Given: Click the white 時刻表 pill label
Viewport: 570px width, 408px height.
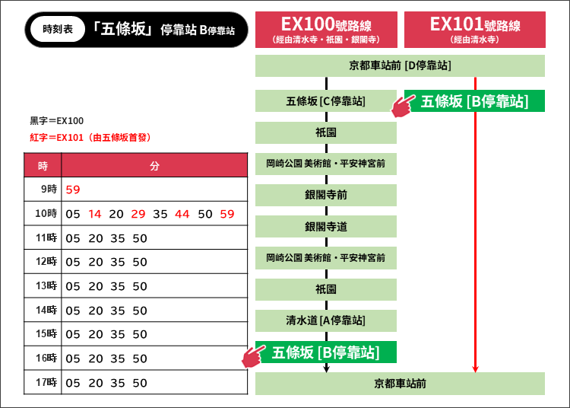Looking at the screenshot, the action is tap(58, 29).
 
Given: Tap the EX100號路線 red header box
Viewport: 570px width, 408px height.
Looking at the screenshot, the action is tap(326, 30).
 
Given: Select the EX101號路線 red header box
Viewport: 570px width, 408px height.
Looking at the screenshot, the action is tap(475, 30).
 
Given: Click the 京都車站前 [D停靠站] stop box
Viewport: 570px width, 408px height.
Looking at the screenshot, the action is tap(400, 65).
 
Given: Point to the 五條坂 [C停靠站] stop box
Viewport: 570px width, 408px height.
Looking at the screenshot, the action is tap(326, 100).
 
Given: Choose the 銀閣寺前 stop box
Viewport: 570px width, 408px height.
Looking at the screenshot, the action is tap(326, 195).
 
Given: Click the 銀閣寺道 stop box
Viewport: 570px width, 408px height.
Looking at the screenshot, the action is tap(326, 226).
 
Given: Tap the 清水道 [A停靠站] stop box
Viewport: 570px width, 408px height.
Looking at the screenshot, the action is tap(326, 320).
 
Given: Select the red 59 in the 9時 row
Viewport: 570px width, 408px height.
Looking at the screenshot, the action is tap(73, 190).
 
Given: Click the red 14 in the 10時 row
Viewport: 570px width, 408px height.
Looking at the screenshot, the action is tap(95, 214).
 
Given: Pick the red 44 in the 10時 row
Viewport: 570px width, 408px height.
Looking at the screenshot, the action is tap(182, 214).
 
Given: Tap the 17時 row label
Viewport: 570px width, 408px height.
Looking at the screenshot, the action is tap(46, 382).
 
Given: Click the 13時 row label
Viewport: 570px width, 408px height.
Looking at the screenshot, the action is tap(46, 285).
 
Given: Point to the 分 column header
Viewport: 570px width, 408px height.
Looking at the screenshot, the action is tap(154, 166).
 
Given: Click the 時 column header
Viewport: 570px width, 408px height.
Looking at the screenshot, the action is tap(43, 166).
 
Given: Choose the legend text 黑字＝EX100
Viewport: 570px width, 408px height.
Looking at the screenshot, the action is tap(57, 121).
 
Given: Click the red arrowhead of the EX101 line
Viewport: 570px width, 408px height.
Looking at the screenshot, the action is tap(475, 368).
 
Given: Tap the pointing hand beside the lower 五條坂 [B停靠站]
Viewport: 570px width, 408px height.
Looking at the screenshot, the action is tap(253, 356).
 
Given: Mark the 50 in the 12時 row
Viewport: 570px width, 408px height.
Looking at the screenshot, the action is tap(140, 262).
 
